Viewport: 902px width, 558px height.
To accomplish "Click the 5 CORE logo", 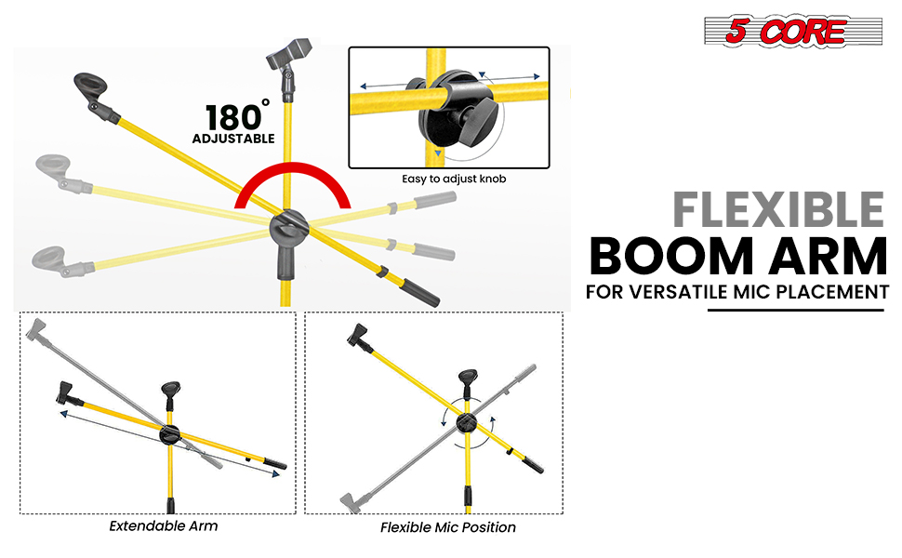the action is [792, 31].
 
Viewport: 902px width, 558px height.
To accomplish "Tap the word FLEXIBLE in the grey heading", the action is [779, 210].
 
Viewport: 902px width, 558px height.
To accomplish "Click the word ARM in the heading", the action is [829, 257].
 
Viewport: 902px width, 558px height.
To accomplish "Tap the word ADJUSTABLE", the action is [233, 139].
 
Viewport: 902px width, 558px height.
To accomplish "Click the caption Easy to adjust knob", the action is [454, 179].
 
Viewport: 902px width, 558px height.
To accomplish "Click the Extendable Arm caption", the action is [164, 525].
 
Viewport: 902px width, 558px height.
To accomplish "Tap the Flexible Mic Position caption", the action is [447, 527].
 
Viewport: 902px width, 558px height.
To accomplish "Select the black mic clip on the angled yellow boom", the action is [96, 94].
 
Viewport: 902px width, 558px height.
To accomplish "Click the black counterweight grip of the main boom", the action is [420, 292].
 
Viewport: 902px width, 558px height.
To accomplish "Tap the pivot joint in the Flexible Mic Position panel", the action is [466, 423].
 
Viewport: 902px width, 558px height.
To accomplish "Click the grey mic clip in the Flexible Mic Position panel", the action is [351, 501].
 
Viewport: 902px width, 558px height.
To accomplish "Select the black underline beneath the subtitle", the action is [796, 311].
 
